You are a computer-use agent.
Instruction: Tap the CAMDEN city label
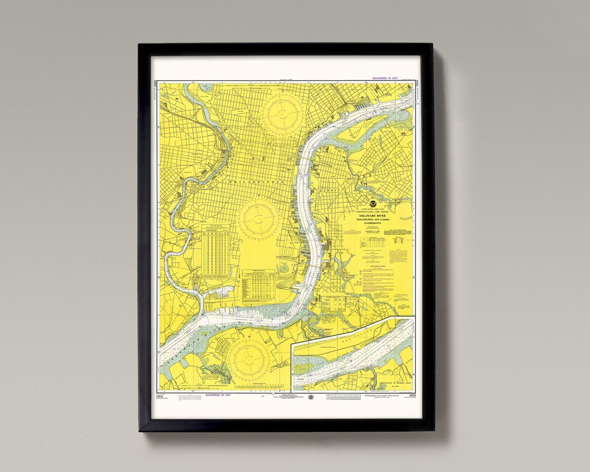click(331, 190)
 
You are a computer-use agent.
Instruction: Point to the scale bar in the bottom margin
click(344, 396)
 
